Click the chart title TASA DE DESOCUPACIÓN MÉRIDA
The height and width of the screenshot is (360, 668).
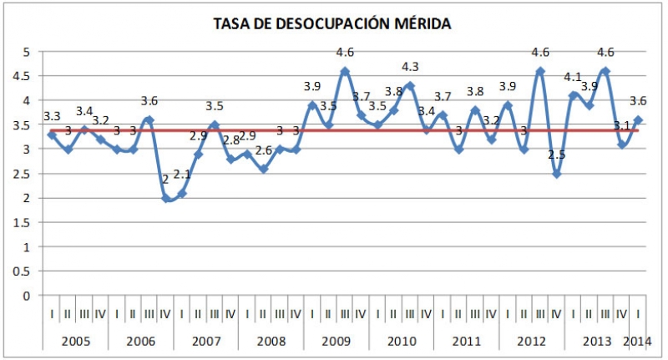(333, 24)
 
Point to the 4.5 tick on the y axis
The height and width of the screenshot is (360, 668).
(25, 75)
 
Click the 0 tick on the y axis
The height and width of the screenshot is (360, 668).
(27, 296)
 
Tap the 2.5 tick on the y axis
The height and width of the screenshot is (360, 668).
(25, 174)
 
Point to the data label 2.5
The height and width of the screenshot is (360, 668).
(557, 155)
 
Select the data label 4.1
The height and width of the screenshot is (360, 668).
(573, 78)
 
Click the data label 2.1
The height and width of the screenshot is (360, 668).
(184, 174)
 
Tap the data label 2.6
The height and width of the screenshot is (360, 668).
(263, 150)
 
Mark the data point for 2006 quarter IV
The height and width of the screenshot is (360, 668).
(165, 198)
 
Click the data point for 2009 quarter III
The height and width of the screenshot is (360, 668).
(345, 70)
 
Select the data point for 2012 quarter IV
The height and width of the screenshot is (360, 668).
(557, 174)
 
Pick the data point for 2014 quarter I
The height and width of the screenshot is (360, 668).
(639, 119)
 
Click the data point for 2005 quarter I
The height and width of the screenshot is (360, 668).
(52, 134)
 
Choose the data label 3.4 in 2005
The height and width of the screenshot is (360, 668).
(85, 111)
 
